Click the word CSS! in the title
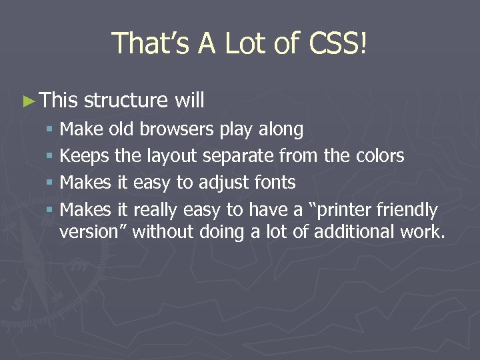coord(338,43)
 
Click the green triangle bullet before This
coord(27,101)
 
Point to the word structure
coord(126,101)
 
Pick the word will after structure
coord(189,101)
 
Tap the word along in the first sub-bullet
coord(279,129)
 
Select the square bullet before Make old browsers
coord(50,129)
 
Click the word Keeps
coord(85,156)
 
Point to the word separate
coord(238,157)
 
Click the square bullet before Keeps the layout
coord(50,157)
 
